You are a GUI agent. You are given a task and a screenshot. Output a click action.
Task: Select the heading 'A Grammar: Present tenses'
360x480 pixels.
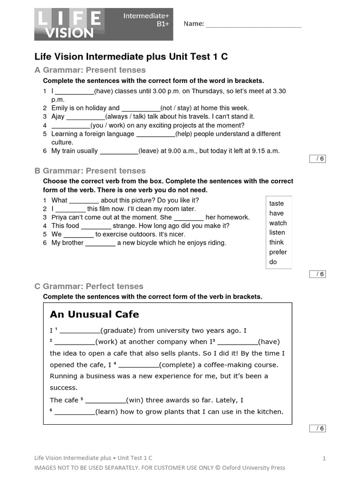point(90,70)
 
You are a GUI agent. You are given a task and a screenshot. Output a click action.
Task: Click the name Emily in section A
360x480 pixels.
point(60,108)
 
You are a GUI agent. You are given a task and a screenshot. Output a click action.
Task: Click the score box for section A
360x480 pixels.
point(317,159)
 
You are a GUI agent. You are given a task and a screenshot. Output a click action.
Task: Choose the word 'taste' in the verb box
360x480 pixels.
point(277,203)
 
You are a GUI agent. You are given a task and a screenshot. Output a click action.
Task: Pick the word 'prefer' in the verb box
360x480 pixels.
point(278,252)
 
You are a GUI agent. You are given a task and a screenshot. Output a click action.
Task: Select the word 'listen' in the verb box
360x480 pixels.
point(277,232)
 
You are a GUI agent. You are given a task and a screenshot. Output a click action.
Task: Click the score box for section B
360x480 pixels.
point(317,274)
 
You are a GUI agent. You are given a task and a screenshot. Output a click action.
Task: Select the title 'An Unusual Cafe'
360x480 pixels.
point(94,314)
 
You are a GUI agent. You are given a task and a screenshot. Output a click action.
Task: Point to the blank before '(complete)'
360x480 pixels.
point(139,365)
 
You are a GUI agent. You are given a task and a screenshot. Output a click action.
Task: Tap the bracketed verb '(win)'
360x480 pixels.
point(136,400)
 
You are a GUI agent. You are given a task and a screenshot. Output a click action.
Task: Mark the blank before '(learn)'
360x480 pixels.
point(75,412)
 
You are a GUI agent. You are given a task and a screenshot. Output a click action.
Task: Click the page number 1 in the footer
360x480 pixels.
point(324,458)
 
